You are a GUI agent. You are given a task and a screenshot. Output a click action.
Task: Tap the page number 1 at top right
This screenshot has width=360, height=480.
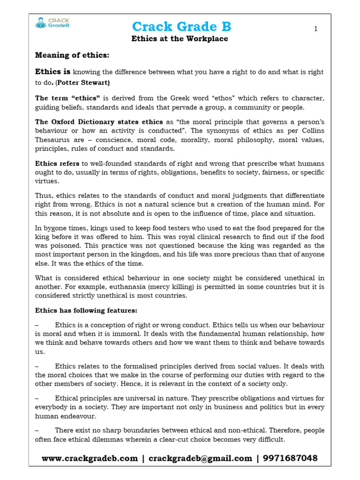(316, 29)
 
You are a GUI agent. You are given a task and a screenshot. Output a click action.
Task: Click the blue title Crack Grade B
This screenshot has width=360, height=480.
(181, 26)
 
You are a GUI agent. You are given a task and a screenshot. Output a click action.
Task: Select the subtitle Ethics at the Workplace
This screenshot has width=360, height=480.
(180, 39)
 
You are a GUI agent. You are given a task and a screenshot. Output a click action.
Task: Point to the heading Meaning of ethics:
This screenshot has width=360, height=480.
(72, 55)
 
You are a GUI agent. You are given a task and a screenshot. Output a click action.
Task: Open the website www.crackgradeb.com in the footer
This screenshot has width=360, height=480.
(90, 458)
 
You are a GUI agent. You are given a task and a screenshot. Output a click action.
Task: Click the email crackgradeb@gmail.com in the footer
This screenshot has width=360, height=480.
(201, 458)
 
